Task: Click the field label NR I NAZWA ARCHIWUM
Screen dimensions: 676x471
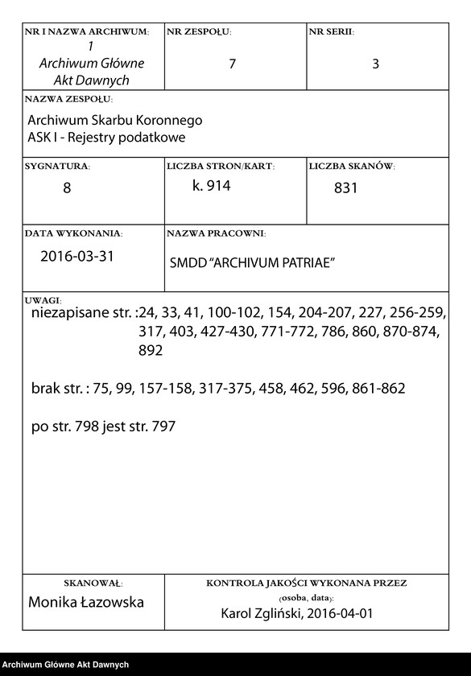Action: click(x=87, y=32)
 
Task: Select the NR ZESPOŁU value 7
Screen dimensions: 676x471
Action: click(x=232, y=64)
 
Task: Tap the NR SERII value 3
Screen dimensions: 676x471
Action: click(x=375, y=64)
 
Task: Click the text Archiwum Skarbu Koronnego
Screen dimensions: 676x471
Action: click(x=115, y=120)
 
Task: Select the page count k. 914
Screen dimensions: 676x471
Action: click(x=212, y=186)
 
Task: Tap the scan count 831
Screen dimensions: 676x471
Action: click(x=345, y=189)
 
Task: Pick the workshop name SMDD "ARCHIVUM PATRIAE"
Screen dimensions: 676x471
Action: click(x=252, y=263)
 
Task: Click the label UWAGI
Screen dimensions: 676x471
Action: click(x=38, y=299)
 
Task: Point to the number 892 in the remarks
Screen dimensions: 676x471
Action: click(x=151, y=351)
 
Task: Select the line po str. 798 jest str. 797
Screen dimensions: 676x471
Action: click(x=103, y=427)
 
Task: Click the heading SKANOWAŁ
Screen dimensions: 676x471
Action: click(x=93, y=582)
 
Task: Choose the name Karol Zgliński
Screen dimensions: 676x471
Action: click(x=260, y=614)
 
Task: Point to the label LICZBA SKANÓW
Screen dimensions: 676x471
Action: click(x=351, y=167)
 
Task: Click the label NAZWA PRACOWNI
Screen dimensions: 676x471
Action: click(x=216, y=233)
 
